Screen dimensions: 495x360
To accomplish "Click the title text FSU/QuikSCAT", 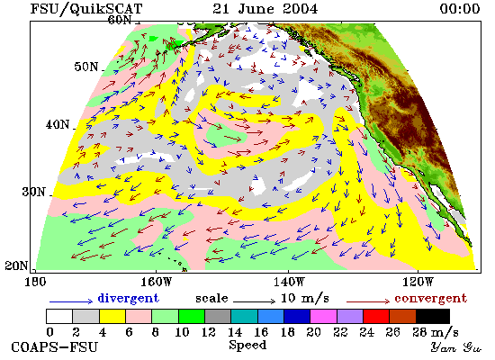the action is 86,8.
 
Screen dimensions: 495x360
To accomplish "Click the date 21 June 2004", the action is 265,8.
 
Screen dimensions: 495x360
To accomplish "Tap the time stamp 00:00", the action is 460,8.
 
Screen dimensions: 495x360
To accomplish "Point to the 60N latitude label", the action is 120,20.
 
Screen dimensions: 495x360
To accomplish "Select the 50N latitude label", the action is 86,67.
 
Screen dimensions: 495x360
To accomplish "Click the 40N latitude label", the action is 58,124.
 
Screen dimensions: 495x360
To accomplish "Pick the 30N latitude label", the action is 33,192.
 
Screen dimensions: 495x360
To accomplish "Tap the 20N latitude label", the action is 16,265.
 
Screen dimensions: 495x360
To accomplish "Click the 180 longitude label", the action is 35,282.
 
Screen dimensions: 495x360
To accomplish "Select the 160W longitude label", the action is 156,282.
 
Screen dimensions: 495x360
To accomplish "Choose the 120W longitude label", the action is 418,282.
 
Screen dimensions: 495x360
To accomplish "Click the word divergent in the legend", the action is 128,299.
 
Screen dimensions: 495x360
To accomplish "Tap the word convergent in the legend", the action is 430,299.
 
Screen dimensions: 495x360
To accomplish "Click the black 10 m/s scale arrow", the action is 255,301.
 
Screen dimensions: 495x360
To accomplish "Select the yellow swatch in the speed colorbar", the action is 112,317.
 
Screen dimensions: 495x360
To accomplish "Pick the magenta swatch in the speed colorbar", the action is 324,317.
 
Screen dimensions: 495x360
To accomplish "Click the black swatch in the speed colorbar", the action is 433,317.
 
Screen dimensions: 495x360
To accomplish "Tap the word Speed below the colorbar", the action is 247,345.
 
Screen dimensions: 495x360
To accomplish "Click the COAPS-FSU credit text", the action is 55,347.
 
